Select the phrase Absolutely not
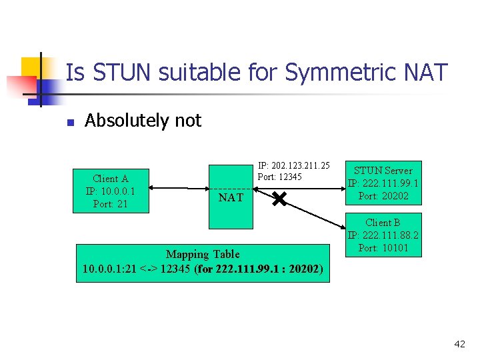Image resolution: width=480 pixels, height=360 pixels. pos(143,121)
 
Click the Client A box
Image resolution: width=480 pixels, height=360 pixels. pos(111,191)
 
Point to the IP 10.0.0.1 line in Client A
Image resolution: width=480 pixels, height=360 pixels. pos(111,191)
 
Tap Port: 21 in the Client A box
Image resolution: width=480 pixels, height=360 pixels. pos(111,204)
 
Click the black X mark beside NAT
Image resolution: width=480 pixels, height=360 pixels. pos(279,198)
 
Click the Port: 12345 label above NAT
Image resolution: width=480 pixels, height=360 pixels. pos(280,177)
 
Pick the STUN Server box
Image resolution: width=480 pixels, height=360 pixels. pos(383,183)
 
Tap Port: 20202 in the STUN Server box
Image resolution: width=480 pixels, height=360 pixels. pos(383,196)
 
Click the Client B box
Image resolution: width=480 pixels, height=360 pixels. pos(383,235)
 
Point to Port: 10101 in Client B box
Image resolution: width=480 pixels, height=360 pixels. pos(383,248)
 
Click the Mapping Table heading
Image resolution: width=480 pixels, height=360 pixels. pos(203,254)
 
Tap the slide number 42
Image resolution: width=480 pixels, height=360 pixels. pos(459,344)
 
